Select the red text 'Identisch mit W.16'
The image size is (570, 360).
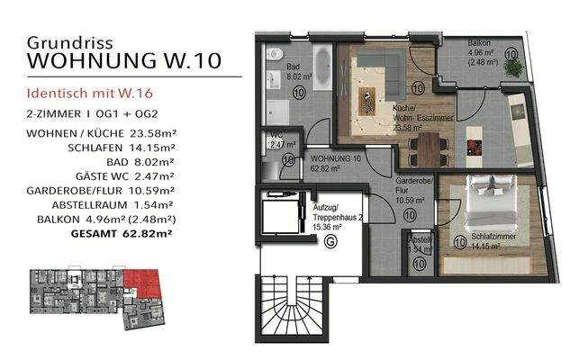point(85,93)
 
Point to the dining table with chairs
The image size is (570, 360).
point(431,143)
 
